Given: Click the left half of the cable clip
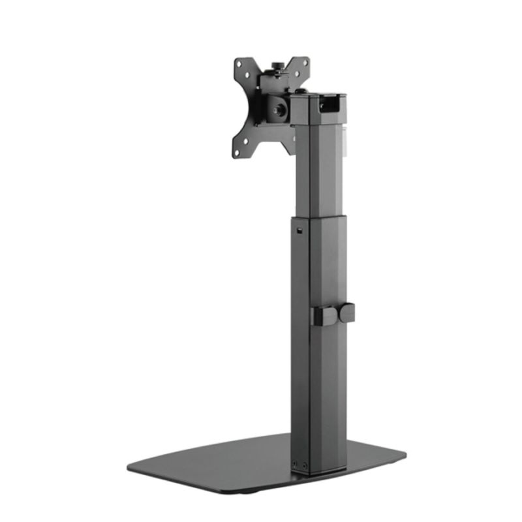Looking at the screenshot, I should (x=324, y=315).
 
